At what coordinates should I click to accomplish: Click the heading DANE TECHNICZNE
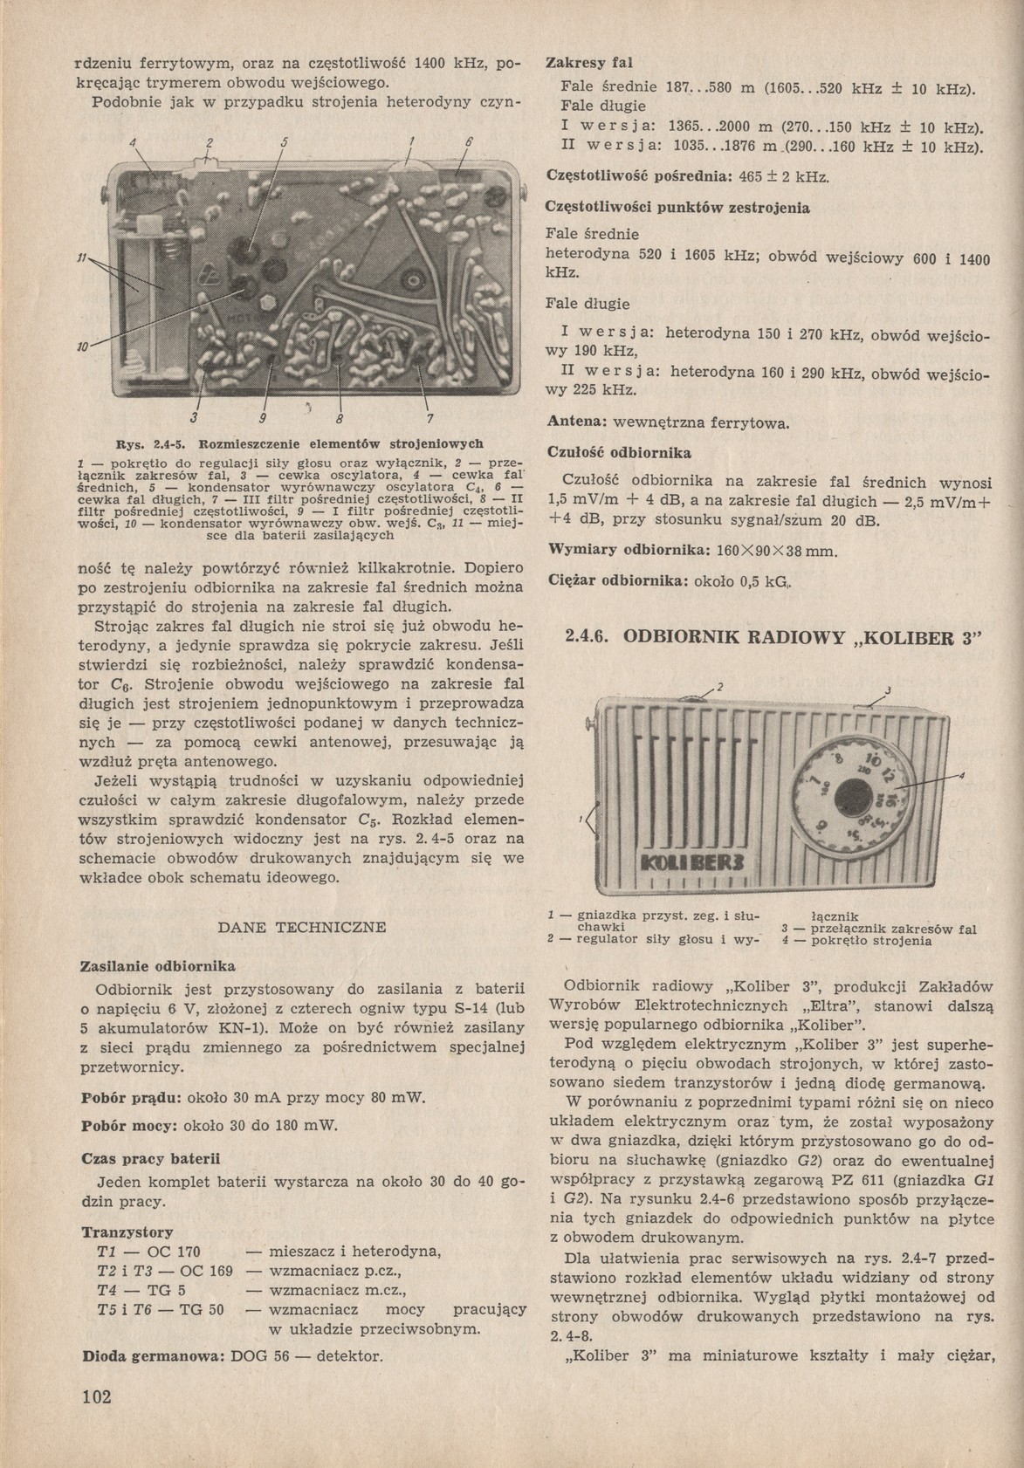tap(302, 928)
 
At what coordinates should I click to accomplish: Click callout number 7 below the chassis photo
tap(430, 416)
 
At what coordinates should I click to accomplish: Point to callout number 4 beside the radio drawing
tap(961, 775)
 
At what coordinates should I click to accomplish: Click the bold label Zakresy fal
tap(589, 64)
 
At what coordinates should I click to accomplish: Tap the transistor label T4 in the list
tap(107, 1290)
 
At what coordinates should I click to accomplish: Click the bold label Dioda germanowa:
tap(154, 1357)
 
